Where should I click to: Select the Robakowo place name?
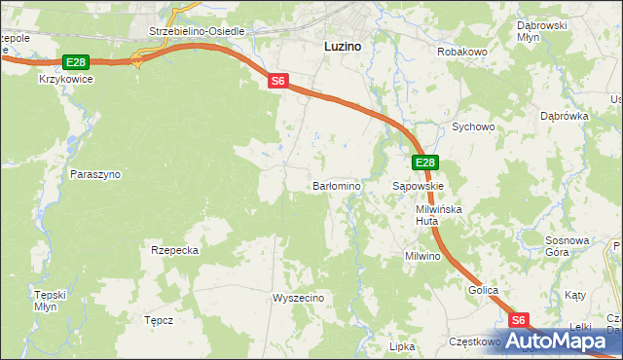[x=461, y=52]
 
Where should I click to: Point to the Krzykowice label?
[x=65, y=79]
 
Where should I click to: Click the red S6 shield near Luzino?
[x=278, y=82]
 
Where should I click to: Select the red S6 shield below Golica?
[x=519, y=320]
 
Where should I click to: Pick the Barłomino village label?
[x=337, y=185]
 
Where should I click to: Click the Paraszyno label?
[x=95, y=174]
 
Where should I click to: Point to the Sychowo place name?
[x=474, y=126]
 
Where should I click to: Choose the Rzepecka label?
[x=175, y=250]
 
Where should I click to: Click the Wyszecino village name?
[x=298, y=298]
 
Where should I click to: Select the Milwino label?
[x=423, y=257]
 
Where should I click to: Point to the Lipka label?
[x=402, y=346]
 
